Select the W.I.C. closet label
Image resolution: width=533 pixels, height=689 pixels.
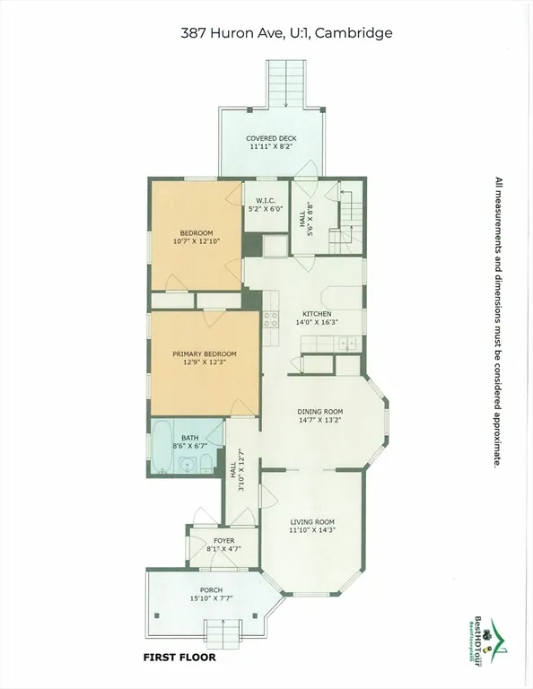tap(265, 199)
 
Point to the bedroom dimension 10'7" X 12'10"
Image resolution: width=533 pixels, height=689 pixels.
tap(196, 241)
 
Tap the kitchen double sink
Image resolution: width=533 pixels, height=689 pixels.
tap(345, 344)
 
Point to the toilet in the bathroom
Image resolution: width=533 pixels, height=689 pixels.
tap(205, 464)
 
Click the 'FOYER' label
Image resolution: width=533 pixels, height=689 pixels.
tap(223, 541)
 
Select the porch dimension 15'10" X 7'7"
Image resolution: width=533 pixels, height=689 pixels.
tap(212, 598)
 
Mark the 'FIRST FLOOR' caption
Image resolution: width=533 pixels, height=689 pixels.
tap(179, 657)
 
